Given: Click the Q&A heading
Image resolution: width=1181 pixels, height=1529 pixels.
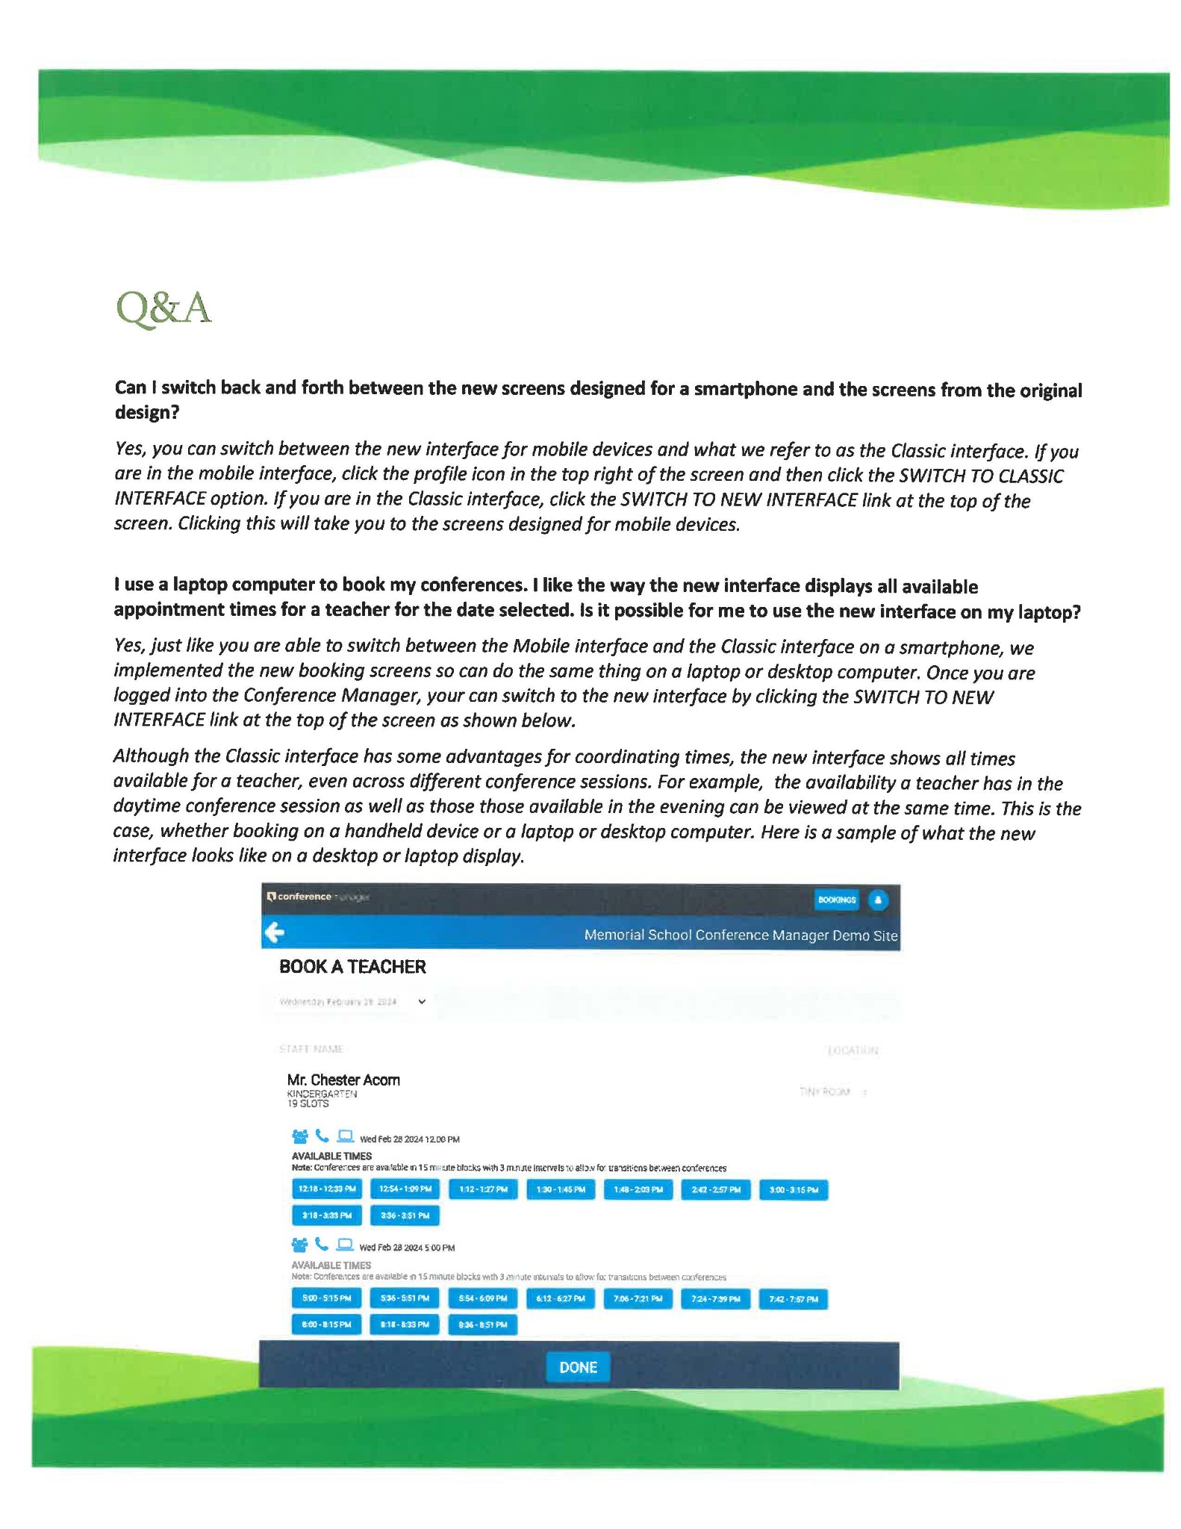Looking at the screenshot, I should (163, 308).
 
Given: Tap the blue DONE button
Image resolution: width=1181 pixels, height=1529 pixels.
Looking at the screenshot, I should (578, 1367).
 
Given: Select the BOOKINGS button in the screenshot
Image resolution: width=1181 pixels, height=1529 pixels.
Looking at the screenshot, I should (836, 900).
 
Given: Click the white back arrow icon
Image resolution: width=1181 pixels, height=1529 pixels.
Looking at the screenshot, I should (275, 932).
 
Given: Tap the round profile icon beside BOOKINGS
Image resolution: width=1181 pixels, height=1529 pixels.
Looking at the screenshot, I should (878, 900).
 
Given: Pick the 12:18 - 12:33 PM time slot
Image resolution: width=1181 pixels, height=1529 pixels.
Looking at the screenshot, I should (327, 1189).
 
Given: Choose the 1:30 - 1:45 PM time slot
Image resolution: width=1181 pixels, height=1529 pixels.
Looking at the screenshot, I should (560, 1189).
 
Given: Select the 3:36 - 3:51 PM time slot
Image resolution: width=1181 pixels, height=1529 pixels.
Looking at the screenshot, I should (405, 1215).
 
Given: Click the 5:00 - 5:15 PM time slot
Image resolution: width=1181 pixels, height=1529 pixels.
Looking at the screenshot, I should (326, 1298).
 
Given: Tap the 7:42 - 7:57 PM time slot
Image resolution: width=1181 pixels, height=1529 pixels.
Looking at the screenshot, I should (793, 1299).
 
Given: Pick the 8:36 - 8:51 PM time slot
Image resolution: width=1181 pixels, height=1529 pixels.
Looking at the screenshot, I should (482, 1324).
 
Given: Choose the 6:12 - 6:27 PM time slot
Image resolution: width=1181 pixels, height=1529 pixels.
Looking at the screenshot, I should (560, 1298).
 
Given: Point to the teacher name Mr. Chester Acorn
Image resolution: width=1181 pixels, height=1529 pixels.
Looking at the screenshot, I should (343, 1080).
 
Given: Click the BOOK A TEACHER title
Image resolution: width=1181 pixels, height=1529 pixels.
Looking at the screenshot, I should (352, 967).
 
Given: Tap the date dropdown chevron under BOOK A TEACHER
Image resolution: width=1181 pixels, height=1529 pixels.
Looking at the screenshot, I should (422, 1002).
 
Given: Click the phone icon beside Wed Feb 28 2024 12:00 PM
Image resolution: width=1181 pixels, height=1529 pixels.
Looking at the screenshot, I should (322, 1136).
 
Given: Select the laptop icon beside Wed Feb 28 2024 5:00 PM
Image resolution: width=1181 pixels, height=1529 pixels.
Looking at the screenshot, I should (344, 1244).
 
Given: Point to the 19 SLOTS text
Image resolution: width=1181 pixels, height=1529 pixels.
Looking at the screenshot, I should (308, 1103).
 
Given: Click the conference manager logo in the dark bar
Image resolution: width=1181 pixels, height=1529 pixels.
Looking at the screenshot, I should (317, 897).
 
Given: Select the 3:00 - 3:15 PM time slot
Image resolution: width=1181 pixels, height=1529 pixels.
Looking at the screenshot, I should (793, 1189).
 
